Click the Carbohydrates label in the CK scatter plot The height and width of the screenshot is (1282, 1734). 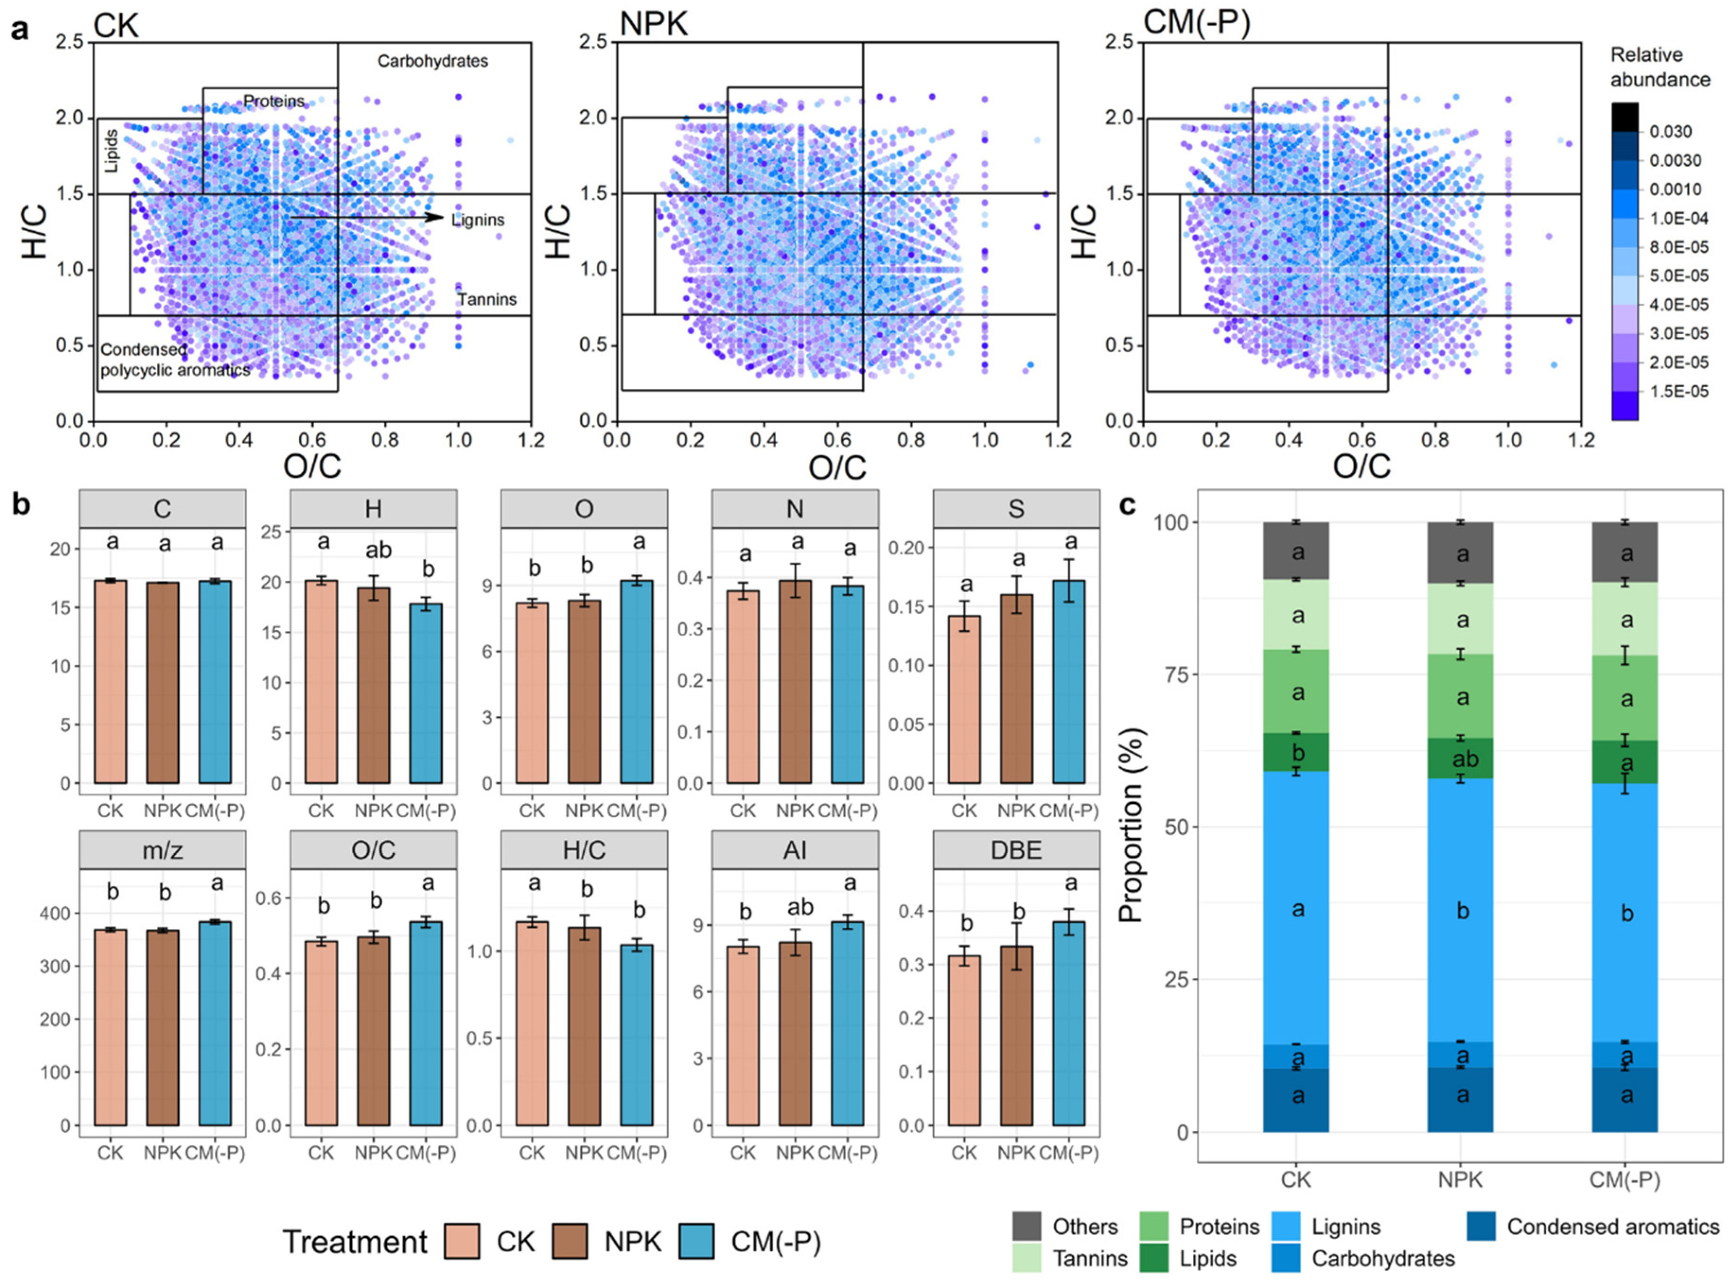(x=432, y=61)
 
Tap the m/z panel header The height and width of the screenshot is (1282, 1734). (x=162, y=851)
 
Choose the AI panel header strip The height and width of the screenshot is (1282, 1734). (x=795, y=851)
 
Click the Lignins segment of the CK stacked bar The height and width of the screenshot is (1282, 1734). (x=1296, y=908)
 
